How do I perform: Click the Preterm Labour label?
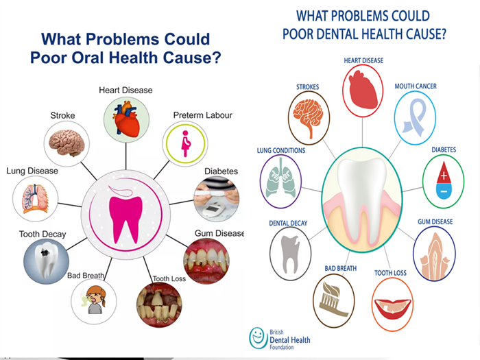click(203, 115)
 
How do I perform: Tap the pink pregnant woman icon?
click(186, 143)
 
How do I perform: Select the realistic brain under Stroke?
click(67, 143)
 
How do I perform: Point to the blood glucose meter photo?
click(217, 199)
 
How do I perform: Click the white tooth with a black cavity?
click(46, 259)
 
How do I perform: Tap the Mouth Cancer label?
click(416, 86)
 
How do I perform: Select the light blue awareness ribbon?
click(415, 117)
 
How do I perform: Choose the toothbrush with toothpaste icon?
click(333, 299)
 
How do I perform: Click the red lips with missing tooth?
click(392, 309)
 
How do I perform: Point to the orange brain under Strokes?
click(309, 117)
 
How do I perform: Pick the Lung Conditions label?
click(281, 151)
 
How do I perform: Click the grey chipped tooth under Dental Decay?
click(290, 254)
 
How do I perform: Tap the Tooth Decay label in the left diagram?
click(43, 235)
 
